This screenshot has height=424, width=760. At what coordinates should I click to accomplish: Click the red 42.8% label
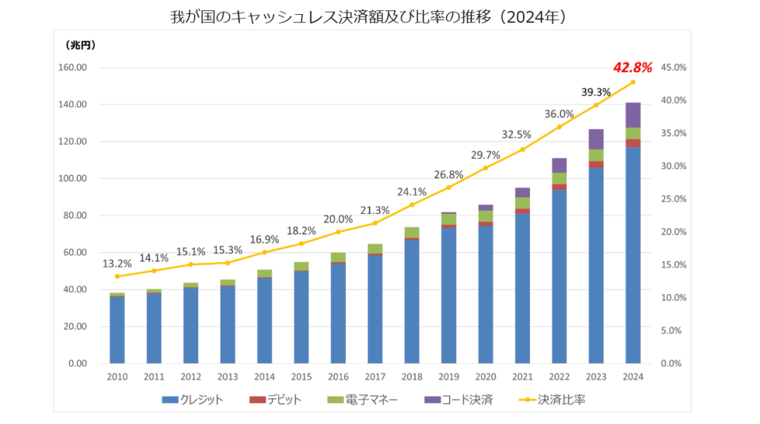pyautogui.click(x=632, y=68)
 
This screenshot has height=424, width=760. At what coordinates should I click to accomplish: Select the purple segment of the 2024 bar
pyautogui.click(x=633, y=115)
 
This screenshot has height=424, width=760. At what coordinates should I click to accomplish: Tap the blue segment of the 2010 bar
pyautogui.click(x=117, y=330)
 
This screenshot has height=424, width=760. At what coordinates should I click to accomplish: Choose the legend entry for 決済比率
pyautogui.click(x=552, y=400)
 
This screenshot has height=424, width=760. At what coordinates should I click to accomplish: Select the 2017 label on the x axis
pyautogui.click(x=375, y=376)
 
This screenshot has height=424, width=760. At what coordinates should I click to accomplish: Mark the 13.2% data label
pyautogui.click(x=117, y=263)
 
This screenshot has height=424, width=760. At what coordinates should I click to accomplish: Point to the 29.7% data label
pyautogui.click(x=485, y=155)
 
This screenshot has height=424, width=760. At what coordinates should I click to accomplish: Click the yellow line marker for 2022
pyautogui.click(x=559, y=127)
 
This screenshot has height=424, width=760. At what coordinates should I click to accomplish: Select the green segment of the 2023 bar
pyautogui.click(x=596, y=155)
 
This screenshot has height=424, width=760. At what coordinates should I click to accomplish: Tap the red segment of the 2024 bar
pyautogui.click(x=633, y=143)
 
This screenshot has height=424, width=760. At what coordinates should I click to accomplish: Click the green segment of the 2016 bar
pyautogui.click(x=338, y=258)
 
